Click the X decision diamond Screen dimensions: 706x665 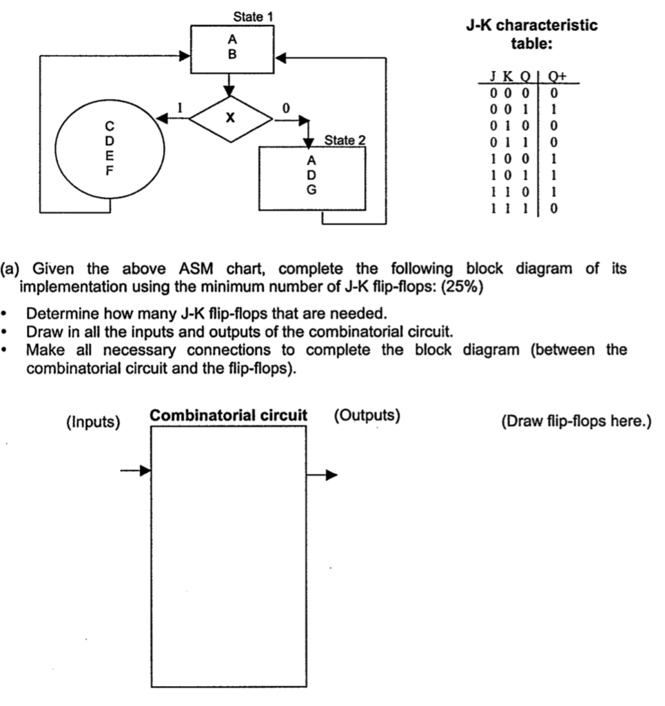pos(232,119)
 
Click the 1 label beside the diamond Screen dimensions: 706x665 pos(181,108)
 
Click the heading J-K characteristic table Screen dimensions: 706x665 pos(531,35)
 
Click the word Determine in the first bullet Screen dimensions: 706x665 pos(59,315)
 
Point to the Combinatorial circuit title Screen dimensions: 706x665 pos(229,416)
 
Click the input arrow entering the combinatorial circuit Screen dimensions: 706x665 pos(136,471)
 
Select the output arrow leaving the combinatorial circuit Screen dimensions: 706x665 pos(323,474)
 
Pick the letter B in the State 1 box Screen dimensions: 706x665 pos(232,56)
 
